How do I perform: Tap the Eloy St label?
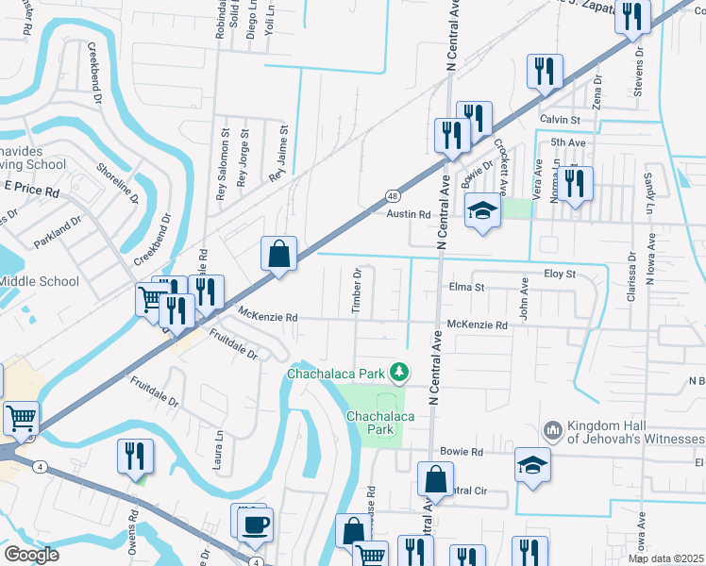559,274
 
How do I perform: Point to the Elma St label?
466,287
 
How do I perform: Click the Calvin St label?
560,120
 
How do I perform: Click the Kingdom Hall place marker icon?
554,430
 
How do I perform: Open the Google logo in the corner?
30,555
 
